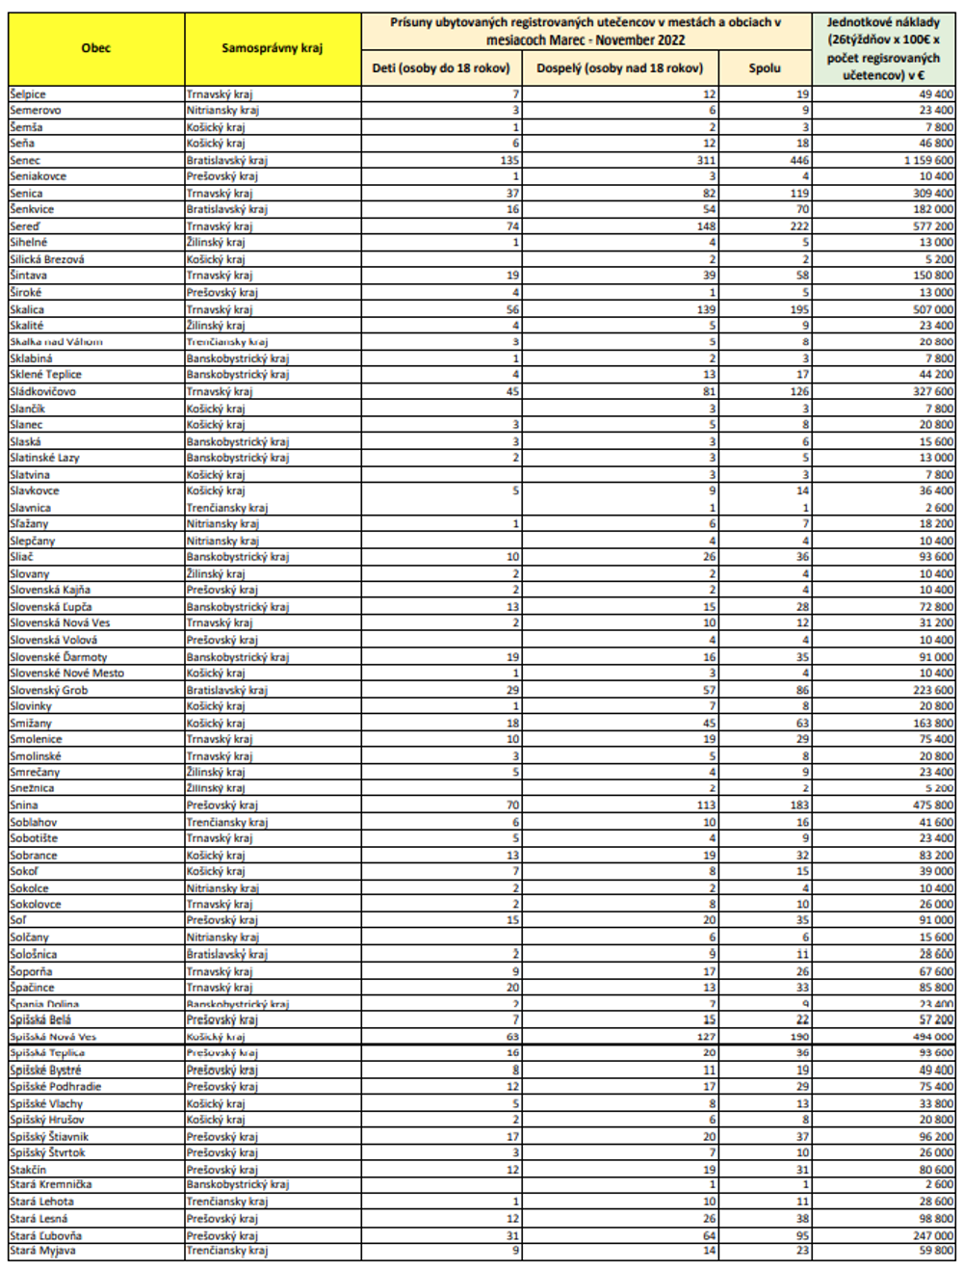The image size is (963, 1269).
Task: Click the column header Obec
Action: (96, 48)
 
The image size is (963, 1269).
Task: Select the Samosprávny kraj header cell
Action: (273, 48)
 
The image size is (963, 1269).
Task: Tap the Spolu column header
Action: (765, 68)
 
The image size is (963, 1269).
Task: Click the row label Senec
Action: (26, 160)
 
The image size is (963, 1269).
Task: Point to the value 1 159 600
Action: (928, 160)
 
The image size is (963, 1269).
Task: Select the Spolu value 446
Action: (799, 160)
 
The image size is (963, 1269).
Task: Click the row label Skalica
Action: (27, 309)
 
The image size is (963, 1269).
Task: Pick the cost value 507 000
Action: (933, 309)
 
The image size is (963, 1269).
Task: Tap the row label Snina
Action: (24, 805)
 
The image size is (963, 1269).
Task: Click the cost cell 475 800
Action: (933, 805)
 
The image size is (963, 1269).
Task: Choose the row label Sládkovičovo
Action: (42, 391)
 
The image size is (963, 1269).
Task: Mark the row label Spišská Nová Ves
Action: (53, 1037)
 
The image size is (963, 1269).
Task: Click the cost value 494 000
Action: (933, 1037)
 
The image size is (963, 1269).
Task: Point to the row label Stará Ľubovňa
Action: (45, 1235)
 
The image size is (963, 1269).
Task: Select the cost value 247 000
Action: (933, 1235)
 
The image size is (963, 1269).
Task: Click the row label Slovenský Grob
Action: (48, 690)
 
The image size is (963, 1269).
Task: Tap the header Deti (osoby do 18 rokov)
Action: (441, 68)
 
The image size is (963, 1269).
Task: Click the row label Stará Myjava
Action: (42, 1251)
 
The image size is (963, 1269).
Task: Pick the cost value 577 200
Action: (933, 226)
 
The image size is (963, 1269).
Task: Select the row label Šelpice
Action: (28, 94)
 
